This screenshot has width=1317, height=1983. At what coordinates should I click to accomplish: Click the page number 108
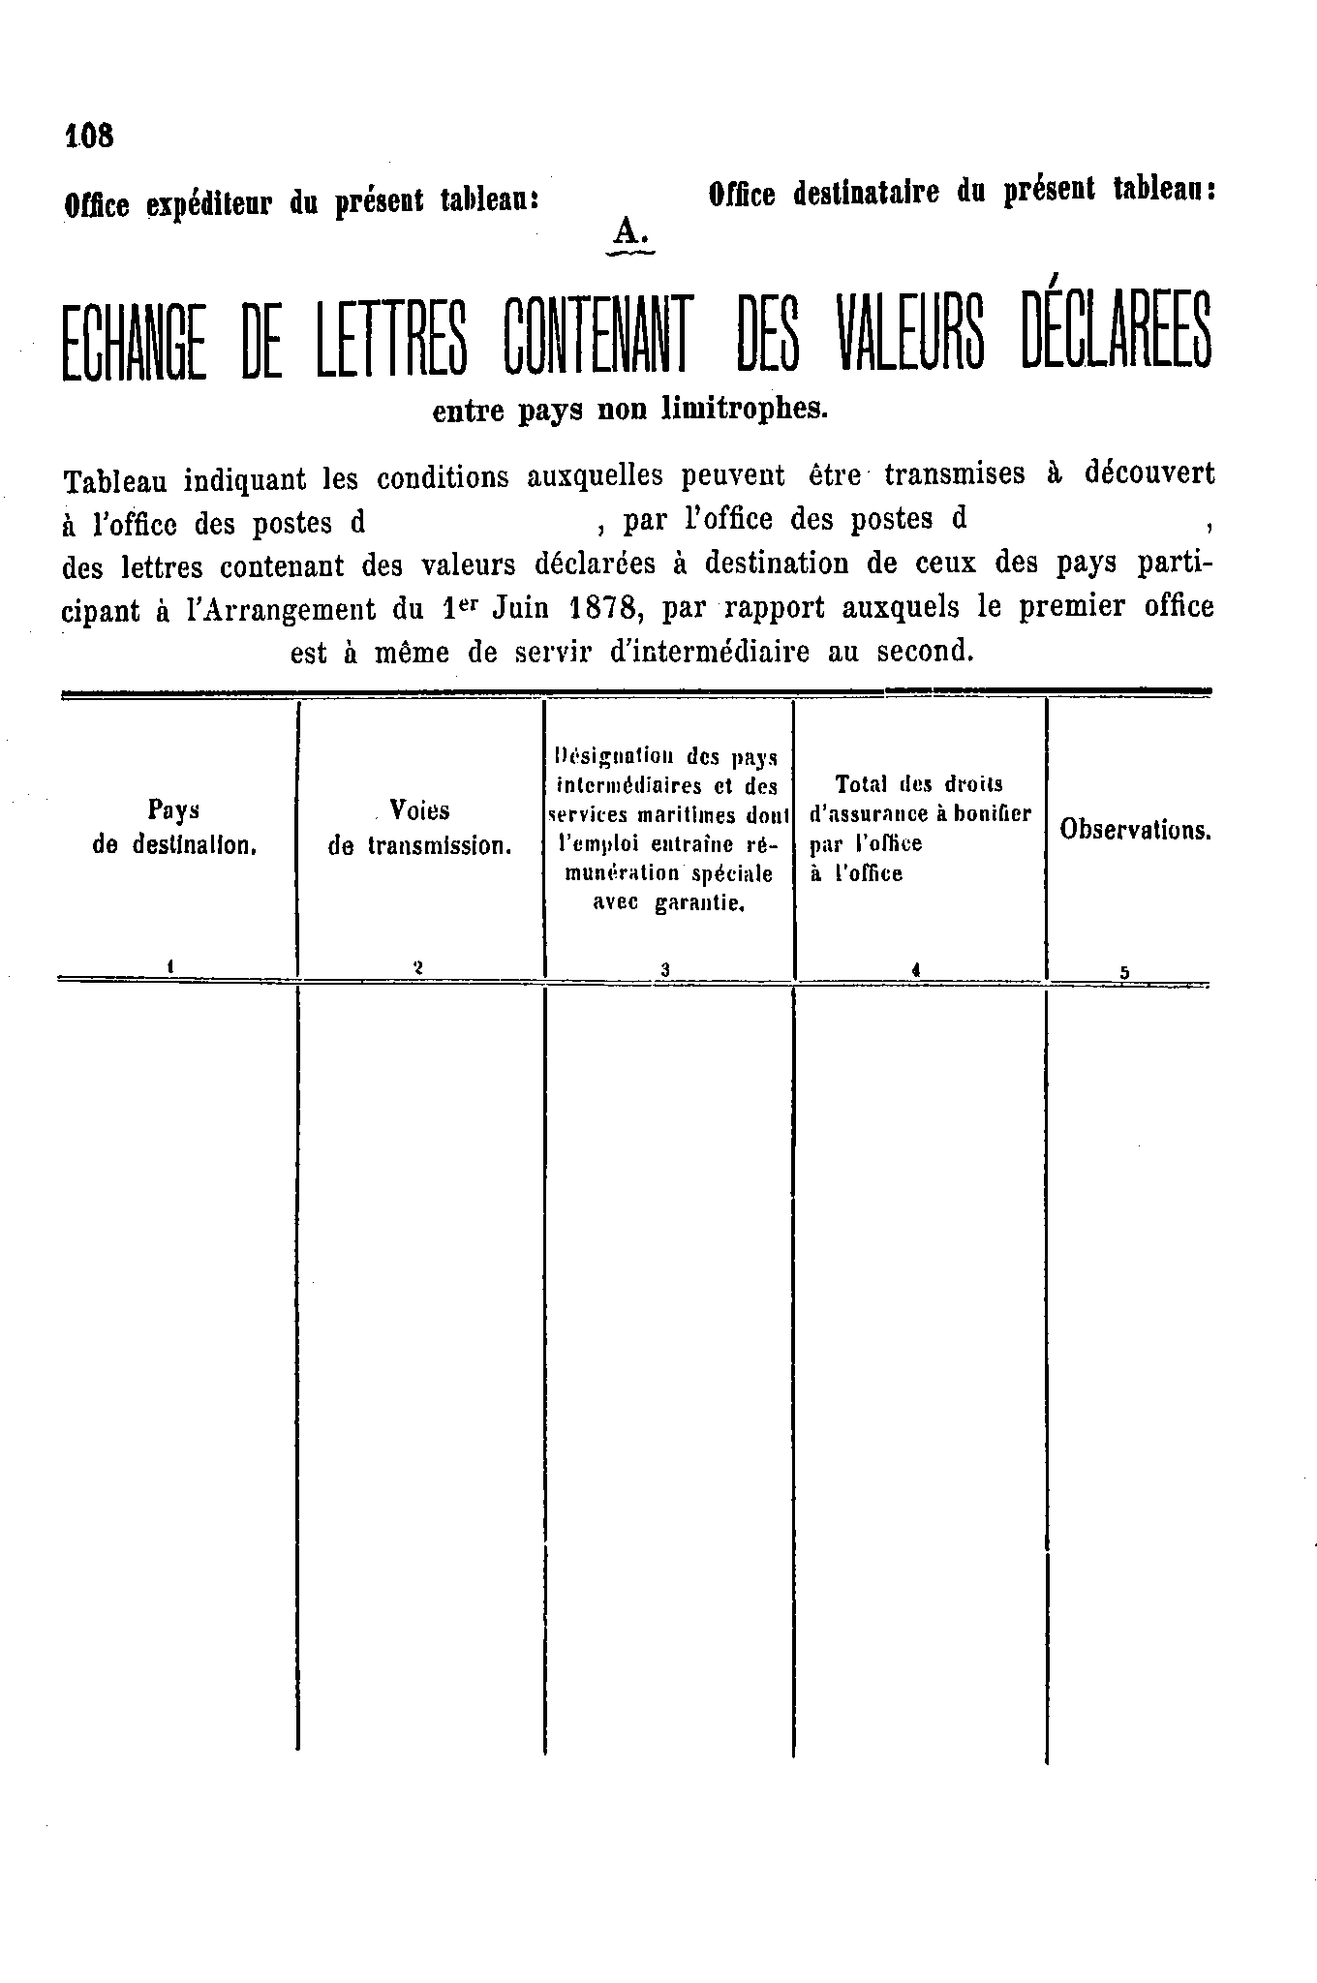(89, 136)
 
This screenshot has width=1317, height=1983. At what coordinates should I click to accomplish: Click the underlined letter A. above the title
(628, 231)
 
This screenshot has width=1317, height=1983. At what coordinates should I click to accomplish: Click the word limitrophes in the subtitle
(745, 410)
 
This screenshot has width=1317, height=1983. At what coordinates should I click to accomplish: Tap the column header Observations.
(1135, 830)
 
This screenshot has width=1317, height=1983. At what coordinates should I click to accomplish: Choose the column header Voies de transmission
(419, 827)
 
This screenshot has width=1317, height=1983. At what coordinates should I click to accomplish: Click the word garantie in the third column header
(698, 905)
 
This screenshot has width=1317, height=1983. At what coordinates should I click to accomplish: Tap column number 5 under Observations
(1125, 974)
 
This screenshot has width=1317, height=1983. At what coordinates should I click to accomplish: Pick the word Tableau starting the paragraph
(115, 478)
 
